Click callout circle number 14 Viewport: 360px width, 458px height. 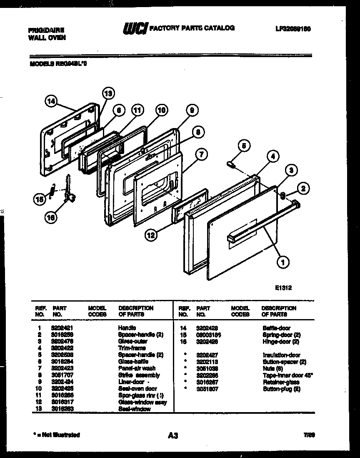coord(51,101)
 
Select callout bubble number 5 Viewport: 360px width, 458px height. coord(245,146)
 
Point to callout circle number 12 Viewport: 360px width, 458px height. coord(151,236)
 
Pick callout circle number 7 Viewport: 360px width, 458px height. coord(201,154)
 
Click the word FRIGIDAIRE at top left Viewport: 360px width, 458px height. coord(45,30)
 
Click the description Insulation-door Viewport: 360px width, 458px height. coord(281,355)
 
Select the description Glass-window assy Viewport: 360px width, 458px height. coord(142,402)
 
